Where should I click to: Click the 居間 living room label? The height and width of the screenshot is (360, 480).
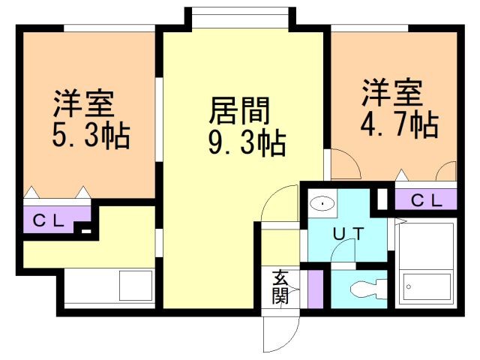coord(239,111)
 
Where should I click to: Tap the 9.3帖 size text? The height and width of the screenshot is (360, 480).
coord(247,143)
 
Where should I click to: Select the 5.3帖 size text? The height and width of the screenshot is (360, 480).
coord(91,136)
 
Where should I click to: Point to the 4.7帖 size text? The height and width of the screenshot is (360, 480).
coord(399,124)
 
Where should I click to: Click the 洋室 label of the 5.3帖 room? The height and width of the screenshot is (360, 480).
coord(84,103)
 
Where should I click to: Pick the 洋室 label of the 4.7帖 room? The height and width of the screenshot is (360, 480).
coord(392,92)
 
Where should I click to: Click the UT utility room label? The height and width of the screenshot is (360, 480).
coord(348,234)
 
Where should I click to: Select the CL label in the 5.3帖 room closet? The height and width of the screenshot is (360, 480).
coord(49,220)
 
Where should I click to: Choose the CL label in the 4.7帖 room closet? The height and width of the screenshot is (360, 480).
coord(427,201)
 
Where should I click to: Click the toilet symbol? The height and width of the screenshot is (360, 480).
coord(367,288)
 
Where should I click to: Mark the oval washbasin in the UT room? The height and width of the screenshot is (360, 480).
coord(322,203)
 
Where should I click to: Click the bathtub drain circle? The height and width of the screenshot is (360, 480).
coord(408,286)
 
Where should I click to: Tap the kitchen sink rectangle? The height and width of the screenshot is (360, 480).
coord(136,285)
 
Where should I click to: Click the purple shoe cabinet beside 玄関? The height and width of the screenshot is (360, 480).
coord(315,289)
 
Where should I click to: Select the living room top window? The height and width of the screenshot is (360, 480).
coord(240,18)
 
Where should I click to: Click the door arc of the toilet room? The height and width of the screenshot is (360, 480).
coord(342,251)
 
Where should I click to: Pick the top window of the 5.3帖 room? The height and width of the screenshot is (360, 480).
coord(109,28)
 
